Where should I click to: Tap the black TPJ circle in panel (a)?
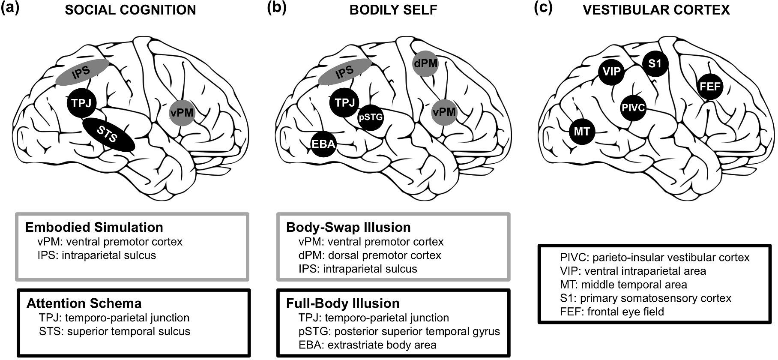tap(81, 103)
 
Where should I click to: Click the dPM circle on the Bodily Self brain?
tap(425, 63)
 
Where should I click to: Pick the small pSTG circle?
tap(370, 116)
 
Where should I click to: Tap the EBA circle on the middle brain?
tap(323, 144)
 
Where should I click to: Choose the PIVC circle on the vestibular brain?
tap(633, 108)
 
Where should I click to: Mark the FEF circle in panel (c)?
tap(710, 87)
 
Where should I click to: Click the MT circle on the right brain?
tap(582, 131)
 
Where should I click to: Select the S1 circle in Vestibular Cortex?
tap(655, 64)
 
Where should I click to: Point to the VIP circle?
tap(611, 71)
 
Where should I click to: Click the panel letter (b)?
tap(276, 9)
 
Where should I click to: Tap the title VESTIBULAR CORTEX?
tap(656, 10)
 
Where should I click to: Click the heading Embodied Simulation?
tap(94, 227)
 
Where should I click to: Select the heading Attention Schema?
tap(84, 303)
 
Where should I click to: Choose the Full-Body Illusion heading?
tap(343, 303)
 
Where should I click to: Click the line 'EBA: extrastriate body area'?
tap(368, 345)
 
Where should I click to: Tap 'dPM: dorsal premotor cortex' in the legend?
tap(370, 255)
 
